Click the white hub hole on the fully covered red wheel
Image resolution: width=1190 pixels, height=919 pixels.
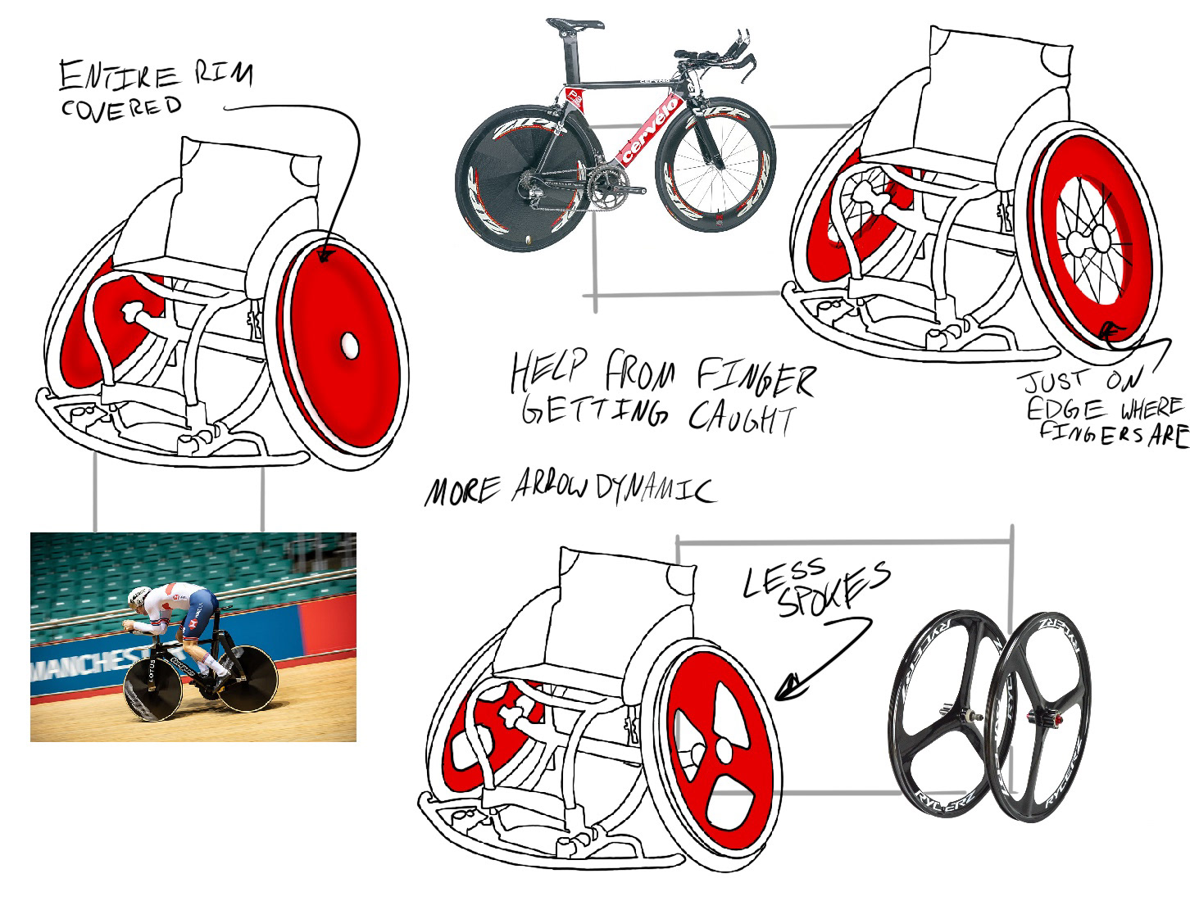[x=348, y=345]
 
